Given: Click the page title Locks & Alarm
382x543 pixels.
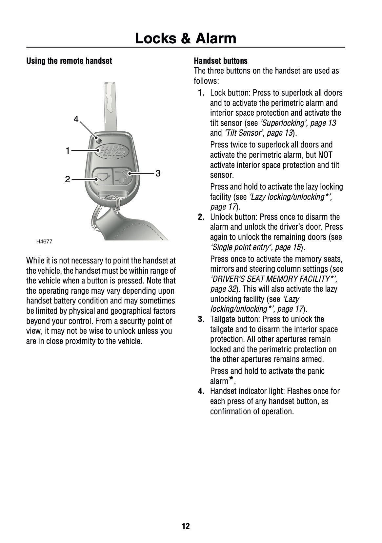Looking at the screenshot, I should [185, 38].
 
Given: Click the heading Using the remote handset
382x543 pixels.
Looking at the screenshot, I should [69, 61].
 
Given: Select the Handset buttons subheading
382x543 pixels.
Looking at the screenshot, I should [220, 61].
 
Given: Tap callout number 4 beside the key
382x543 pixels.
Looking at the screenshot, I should [76, 119].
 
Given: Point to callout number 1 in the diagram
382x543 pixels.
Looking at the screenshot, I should [68, 151].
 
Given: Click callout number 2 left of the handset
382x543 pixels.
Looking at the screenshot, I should [68, 179].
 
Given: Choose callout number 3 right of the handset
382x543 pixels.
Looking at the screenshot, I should [158, 173].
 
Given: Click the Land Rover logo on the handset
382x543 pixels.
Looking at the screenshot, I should [112, 151].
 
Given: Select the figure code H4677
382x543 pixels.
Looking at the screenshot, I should [44, 242].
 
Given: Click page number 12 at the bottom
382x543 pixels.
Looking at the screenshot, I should [186, 526].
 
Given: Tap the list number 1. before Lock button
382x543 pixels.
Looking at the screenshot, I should [201, 93].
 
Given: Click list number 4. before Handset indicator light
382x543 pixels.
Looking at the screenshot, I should [201, 391].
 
